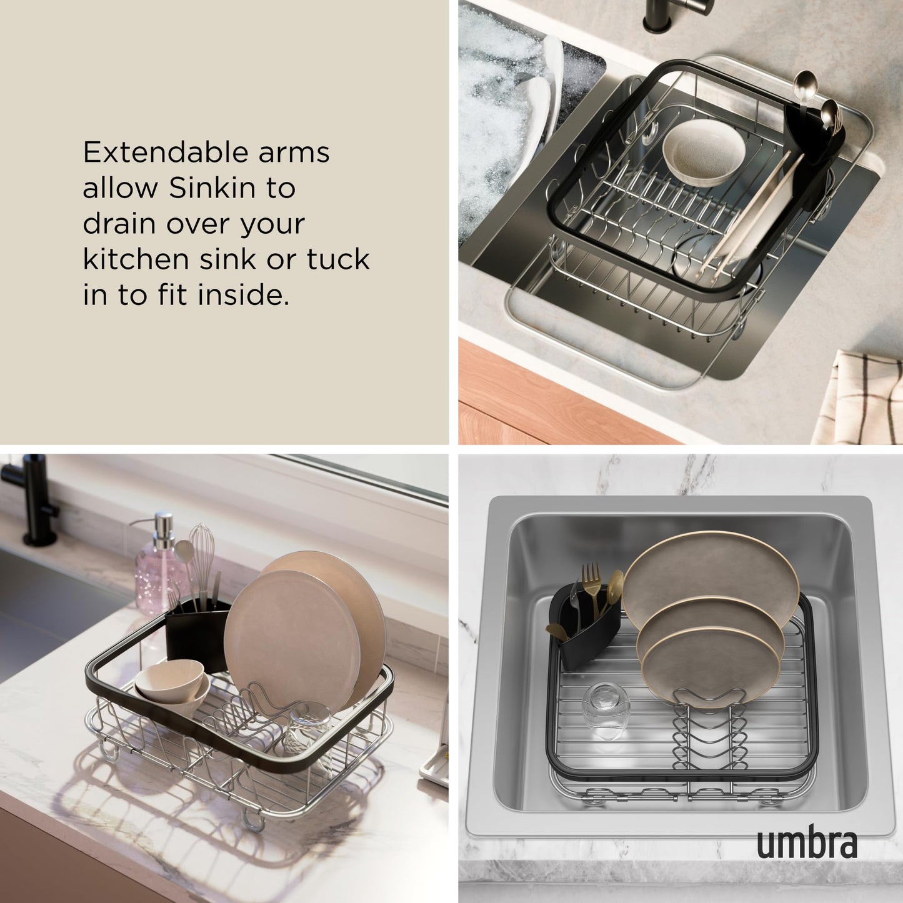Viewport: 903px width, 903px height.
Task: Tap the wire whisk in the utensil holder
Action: pyautogui.click(x=201, y=553)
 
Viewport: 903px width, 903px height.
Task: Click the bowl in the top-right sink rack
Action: pyautogui.click(x=704, y=152)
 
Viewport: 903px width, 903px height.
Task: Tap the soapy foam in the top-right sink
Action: pyautogui.click(x=500, y=100)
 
